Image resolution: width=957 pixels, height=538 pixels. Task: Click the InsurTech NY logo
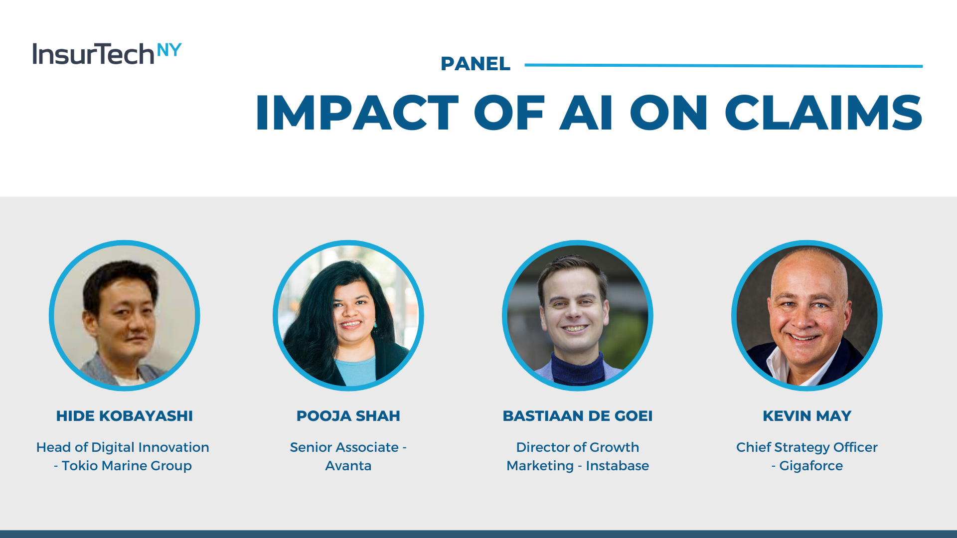[x=107, y=54]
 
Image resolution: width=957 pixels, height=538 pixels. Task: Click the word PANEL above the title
[x=476, y=64]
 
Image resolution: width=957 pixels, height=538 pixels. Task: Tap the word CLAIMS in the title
[x=823, y=113]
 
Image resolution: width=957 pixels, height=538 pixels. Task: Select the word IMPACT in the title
[x=357, y=113]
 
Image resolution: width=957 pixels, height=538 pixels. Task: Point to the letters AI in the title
[x=586, y=113]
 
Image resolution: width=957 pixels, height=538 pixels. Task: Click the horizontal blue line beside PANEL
[x=724, y=65]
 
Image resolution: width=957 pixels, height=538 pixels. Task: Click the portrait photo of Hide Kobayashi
[x=125, y=316]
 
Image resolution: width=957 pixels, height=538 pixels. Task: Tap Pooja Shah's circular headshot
[x=348, y=316]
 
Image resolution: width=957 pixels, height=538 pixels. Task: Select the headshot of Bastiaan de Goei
[x=578, y=316]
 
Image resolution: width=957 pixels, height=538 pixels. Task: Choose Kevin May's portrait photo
[x=807, y=316]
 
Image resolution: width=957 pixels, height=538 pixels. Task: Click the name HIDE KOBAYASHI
[x=125, y=416]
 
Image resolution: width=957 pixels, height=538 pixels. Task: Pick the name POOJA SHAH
[x=348, y=416]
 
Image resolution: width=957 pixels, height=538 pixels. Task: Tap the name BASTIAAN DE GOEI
[x=578, y=416]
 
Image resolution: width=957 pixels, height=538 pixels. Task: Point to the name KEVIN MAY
[x=807, y=416]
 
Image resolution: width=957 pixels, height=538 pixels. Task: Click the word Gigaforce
[x=811, y=466]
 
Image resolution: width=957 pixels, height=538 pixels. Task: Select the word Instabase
[x=617, y=466]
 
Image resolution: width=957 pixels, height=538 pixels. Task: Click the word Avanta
[x=348, y=466]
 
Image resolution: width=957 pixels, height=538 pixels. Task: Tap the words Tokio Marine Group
[x=127, y=466]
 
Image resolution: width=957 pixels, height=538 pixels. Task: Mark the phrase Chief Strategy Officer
[x=807, y=448]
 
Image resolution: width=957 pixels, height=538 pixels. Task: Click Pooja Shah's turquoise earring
[x=375, y=324]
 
